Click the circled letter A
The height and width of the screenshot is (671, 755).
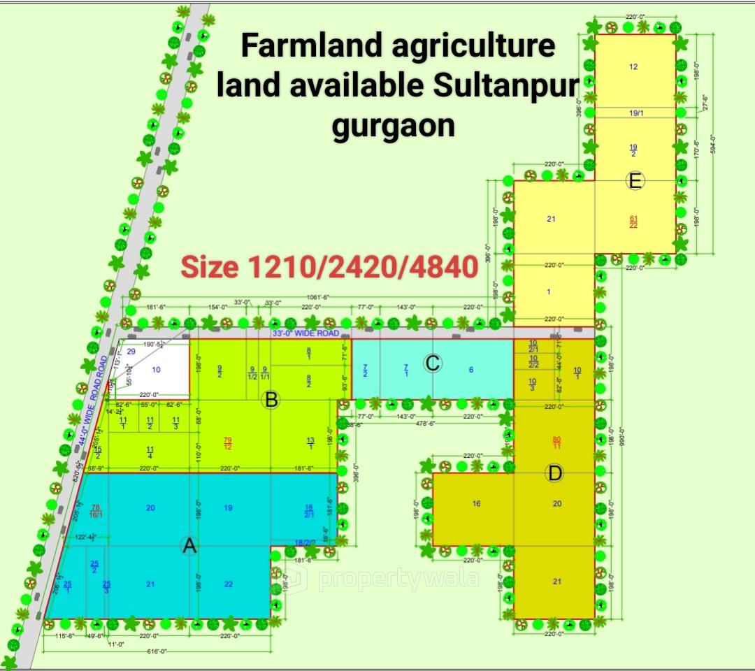tap(189, 546)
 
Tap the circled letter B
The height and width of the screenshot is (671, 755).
tap(271, 400)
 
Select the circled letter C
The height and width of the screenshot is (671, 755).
tap(433, 363)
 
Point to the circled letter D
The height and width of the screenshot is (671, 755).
tap(555, 473)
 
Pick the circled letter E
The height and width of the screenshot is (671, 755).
tap(635, 181)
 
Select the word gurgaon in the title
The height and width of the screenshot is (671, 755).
tap(394, 126)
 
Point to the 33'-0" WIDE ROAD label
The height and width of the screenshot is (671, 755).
tap(305, 333)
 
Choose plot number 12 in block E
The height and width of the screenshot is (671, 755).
tap(633, 67)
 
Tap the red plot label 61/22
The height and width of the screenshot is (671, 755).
tap(633, 221)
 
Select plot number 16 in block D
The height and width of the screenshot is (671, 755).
tap(476, 503)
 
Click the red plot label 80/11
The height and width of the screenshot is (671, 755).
tap(557, 442)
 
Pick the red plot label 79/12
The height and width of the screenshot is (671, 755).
tap(227, 442)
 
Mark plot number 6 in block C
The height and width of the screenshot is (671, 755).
tap(471, 370)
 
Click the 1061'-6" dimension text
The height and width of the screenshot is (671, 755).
tap(318, 296)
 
